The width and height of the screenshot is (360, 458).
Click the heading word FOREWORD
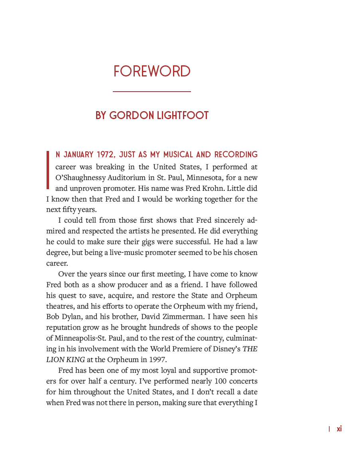pos(152,72)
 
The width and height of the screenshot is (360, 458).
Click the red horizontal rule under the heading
pos(152,92)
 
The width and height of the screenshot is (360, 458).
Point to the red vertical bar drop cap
pos(48,169)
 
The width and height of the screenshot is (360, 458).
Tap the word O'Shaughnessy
pos(82,177)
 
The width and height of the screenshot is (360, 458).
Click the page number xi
pos(339,429)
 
